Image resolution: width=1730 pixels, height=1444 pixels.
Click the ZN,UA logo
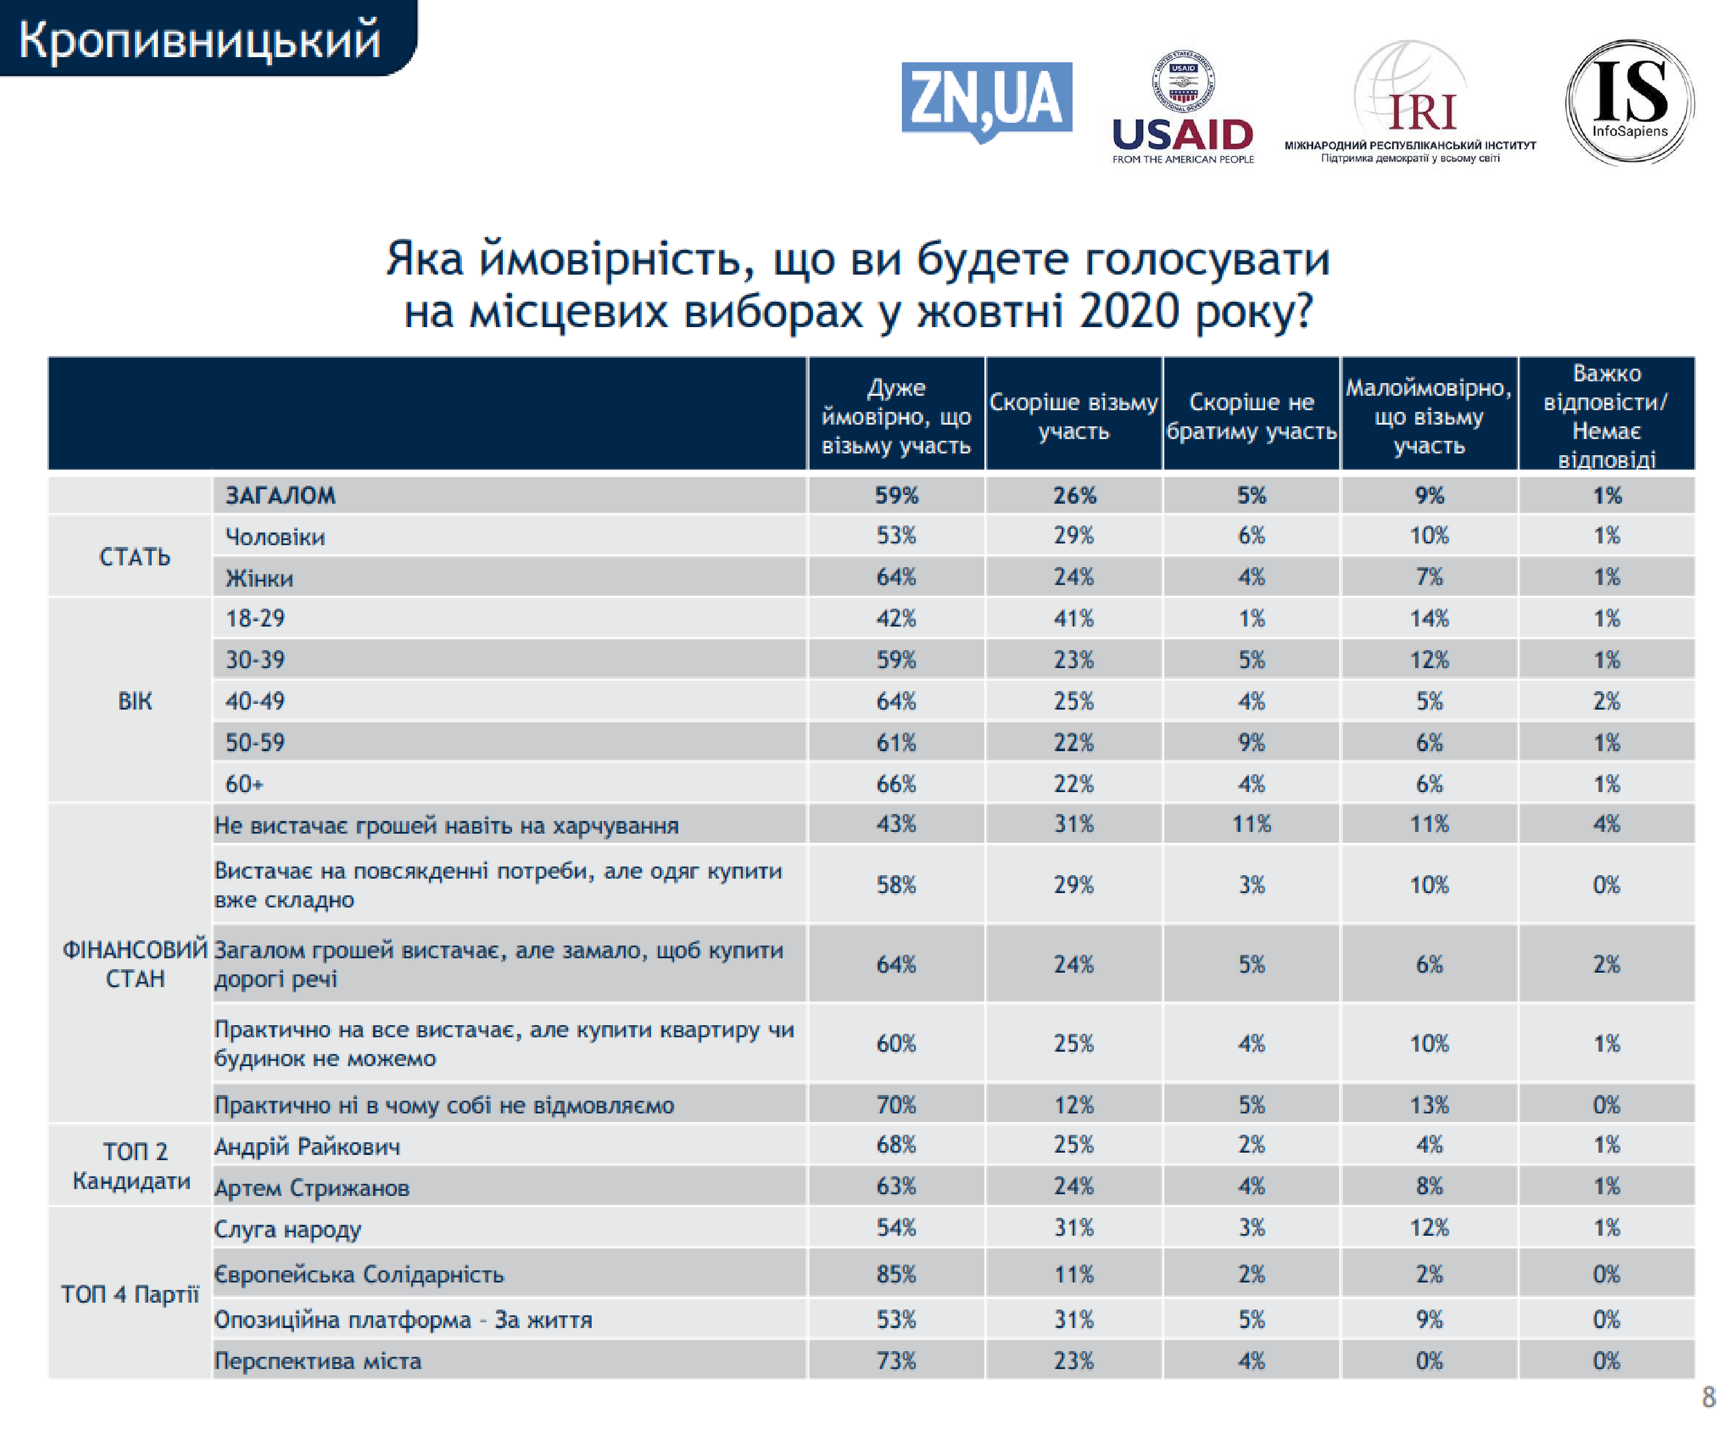point(986,100)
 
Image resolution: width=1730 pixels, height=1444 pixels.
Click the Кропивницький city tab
point(200,39)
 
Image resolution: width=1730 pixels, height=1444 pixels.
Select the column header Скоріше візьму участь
point(1073,416)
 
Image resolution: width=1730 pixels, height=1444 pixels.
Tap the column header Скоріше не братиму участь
point(1251,416)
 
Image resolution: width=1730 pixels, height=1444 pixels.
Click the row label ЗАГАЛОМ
point(280,496)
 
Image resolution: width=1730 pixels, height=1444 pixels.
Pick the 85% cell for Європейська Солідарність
point(896,1274)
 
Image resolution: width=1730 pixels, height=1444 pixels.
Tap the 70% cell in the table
point(896,1104)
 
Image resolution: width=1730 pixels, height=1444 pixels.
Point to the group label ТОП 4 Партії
point(130,1294)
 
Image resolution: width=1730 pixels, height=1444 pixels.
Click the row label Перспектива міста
point(317,1361)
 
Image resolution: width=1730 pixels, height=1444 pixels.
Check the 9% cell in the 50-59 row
point(1251,742)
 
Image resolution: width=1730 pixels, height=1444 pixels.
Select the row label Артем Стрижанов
point(311,1188)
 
